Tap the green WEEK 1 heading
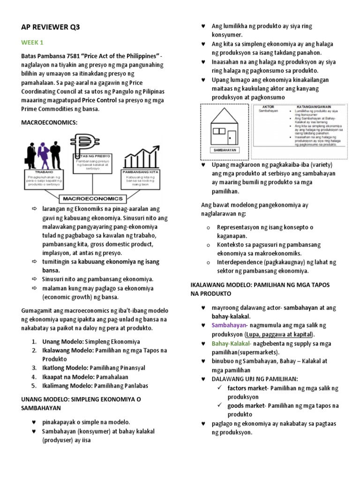click(x=32, y=43)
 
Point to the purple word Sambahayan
click(x=229, y=325)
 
